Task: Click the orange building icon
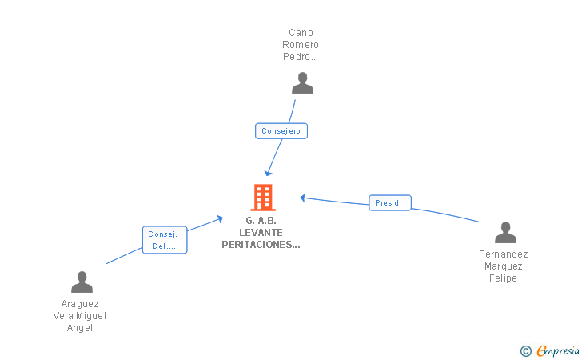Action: click(x=263, y=198)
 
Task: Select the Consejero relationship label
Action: click(x=281, y=131)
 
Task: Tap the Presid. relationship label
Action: click(x=390, y=203)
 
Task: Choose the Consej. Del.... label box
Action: click(x=165, y=240)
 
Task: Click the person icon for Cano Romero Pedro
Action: click(x=302, y=83)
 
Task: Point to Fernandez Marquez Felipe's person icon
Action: click(x=505, y=232)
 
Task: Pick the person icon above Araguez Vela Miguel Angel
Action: click(x=82, y=282)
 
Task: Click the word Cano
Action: click(x=301, y=33)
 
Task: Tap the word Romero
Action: click(x=301, y=45)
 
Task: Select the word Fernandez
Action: click(x=504, y=254)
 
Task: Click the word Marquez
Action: click(x=504, y=266)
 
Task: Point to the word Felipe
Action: click(x=503, y=278)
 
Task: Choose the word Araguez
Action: click(x=80, y=304)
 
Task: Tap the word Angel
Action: click(x=79, y=328)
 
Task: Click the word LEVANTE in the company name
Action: click(x=261, y=233)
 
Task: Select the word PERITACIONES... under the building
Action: click(x=261, y=245)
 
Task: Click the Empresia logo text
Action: click(x=558, y=350)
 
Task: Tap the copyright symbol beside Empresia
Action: click(x=525, y=351)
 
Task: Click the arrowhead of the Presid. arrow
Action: click(x=302, y=198)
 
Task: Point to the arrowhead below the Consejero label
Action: click(x=268, y=173)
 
